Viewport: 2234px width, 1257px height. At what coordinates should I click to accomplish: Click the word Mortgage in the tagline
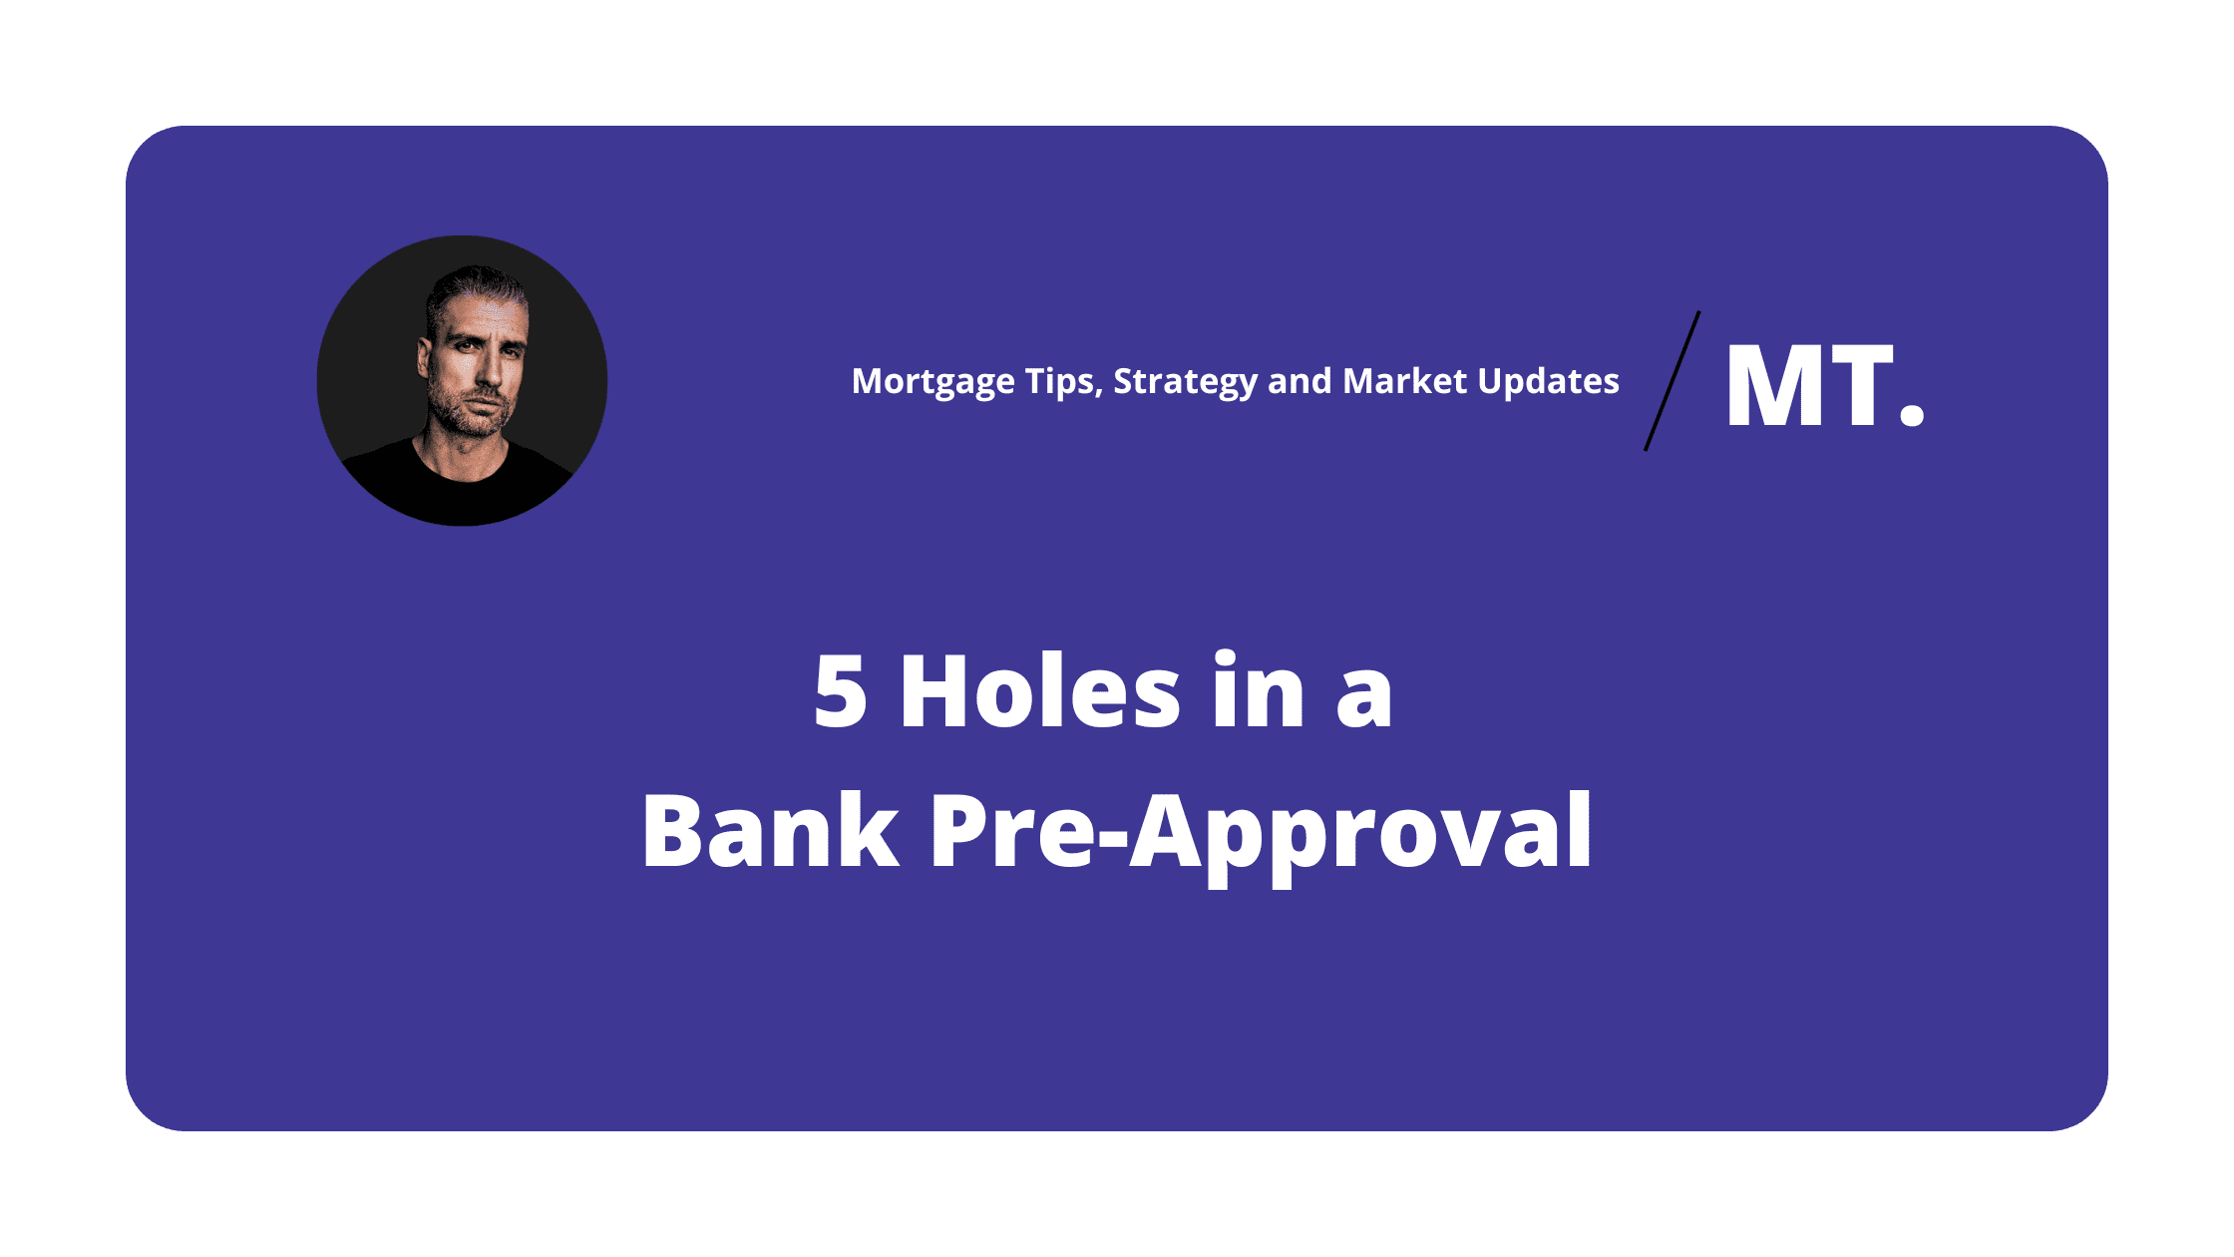[x=932, y=382]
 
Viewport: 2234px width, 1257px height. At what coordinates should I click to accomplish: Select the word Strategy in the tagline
[x=1185, y=382]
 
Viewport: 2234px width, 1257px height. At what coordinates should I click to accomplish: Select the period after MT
[x=1911, y=413]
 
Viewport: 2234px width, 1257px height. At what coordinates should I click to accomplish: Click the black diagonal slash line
[x=1673, y=381]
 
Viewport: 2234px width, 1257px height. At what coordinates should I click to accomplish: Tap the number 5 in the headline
[x=840, y=691]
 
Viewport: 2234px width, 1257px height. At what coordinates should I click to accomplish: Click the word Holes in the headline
[x=1040, y=691]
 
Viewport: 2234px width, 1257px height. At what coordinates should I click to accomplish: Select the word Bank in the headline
[x=770, y=831]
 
